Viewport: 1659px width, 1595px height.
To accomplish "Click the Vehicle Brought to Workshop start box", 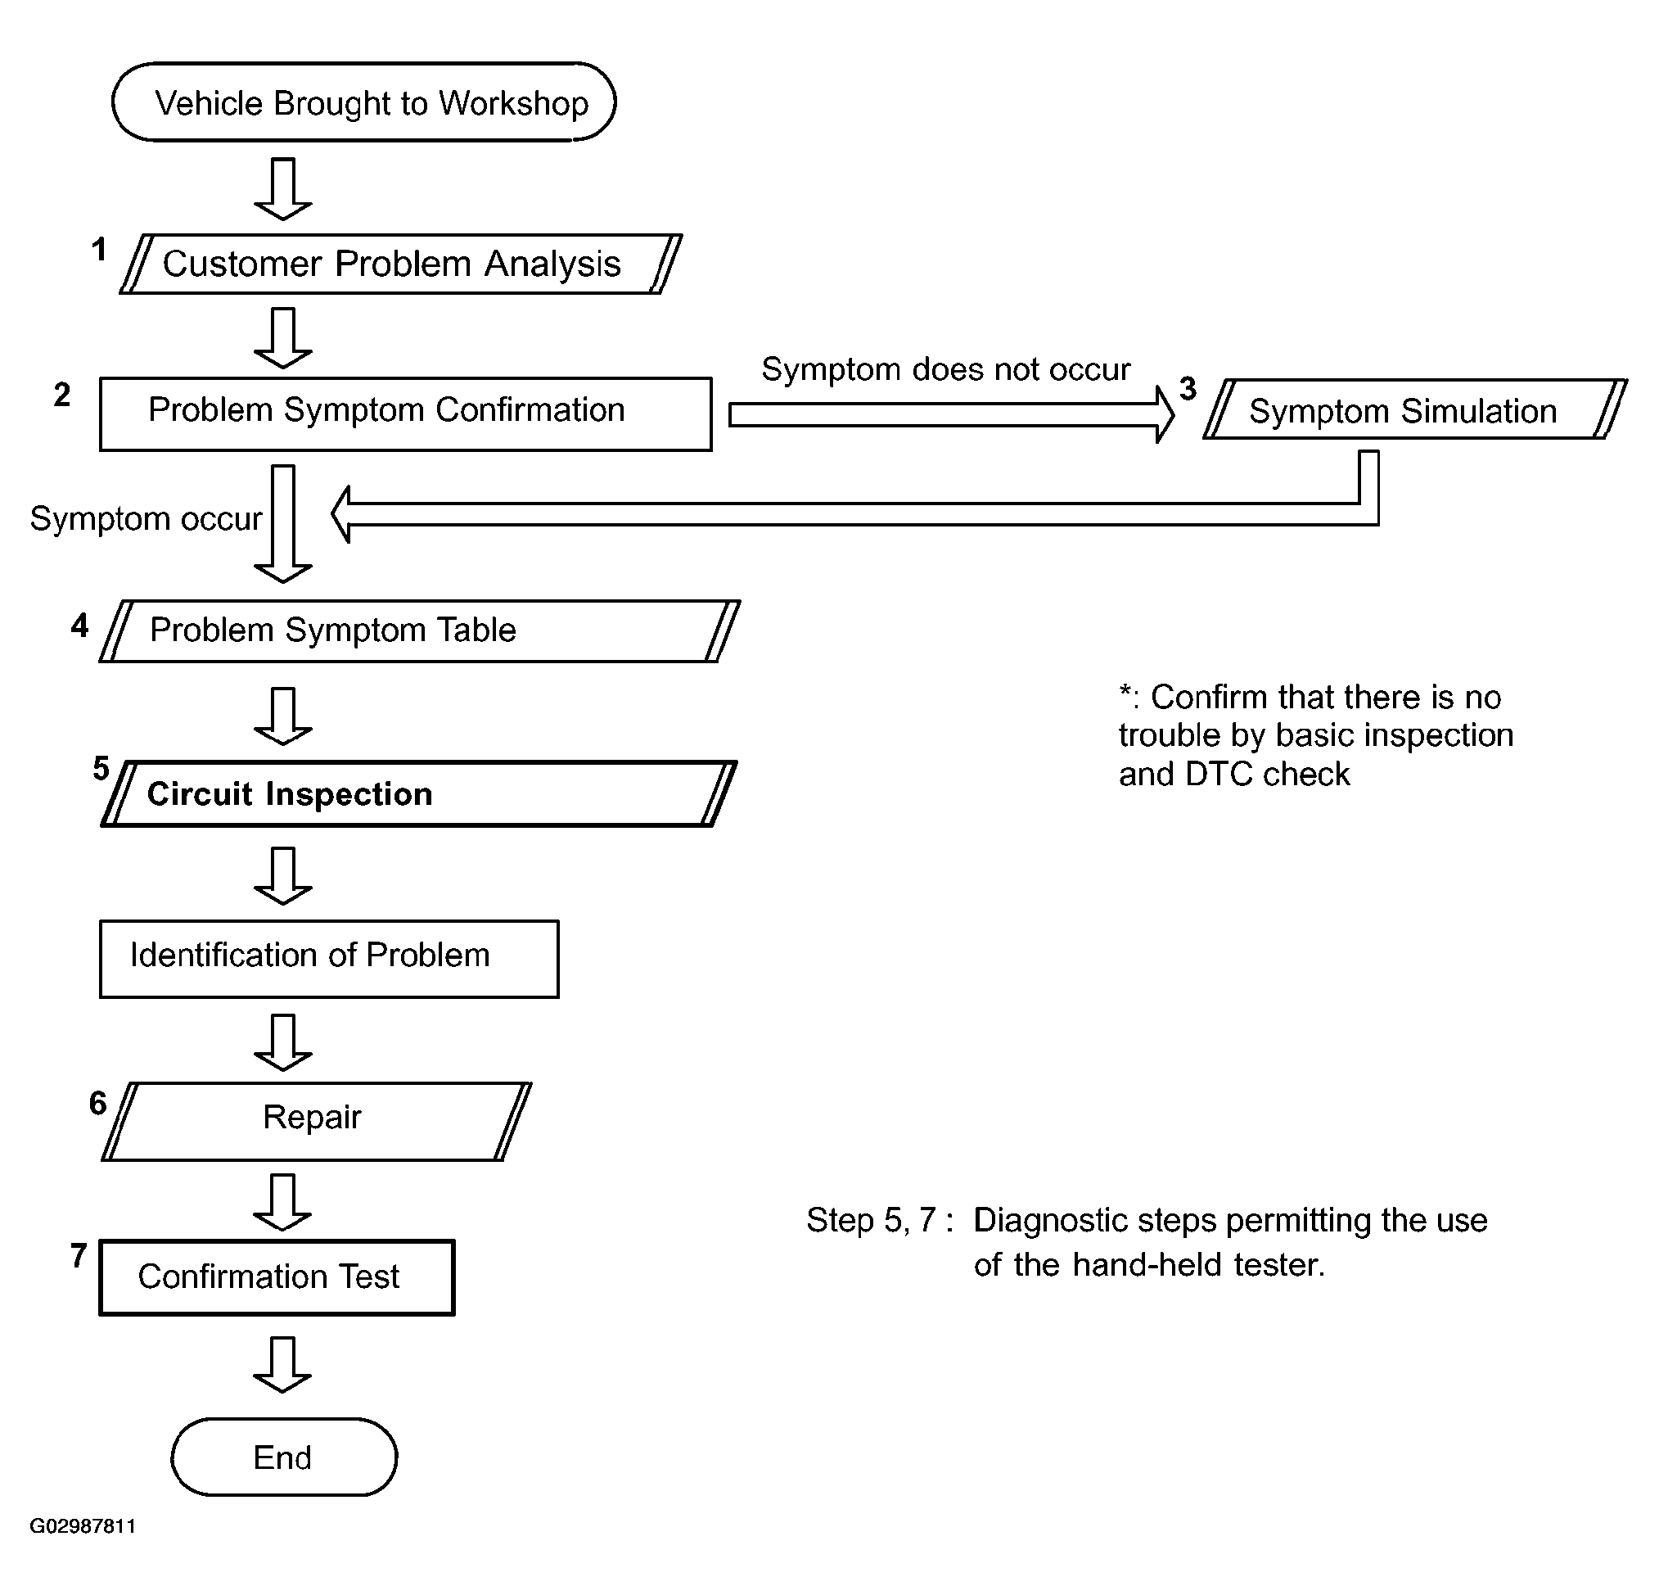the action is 364,102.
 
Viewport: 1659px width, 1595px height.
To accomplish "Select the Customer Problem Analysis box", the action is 401,264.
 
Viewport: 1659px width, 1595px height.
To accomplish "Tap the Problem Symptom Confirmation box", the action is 405,414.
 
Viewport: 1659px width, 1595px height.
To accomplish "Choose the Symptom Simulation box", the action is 1415,409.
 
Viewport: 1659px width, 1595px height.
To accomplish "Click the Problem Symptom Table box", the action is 420,630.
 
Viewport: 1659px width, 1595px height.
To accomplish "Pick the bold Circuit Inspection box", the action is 419,793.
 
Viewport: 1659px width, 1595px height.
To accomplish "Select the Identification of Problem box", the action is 329,958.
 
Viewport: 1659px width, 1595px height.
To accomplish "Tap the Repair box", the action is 317,1121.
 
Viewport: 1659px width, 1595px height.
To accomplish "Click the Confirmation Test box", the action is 277,1276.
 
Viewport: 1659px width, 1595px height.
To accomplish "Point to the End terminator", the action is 283,1457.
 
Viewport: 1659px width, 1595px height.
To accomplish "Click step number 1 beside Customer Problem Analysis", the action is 100,250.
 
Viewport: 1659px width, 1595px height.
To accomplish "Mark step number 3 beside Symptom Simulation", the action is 1188,389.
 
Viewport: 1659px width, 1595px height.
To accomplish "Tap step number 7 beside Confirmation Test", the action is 79,1255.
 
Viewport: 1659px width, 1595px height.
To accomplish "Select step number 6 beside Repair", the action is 98,1103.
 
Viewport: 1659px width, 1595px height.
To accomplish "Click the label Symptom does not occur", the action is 945,369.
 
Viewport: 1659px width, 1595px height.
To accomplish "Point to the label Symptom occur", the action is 146,518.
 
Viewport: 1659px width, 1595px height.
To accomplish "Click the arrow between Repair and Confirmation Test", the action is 282,1202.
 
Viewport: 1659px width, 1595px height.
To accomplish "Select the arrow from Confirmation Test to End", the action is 282,1365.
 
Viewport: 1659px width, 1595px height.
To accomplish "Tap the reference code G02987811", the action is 83,1525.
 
